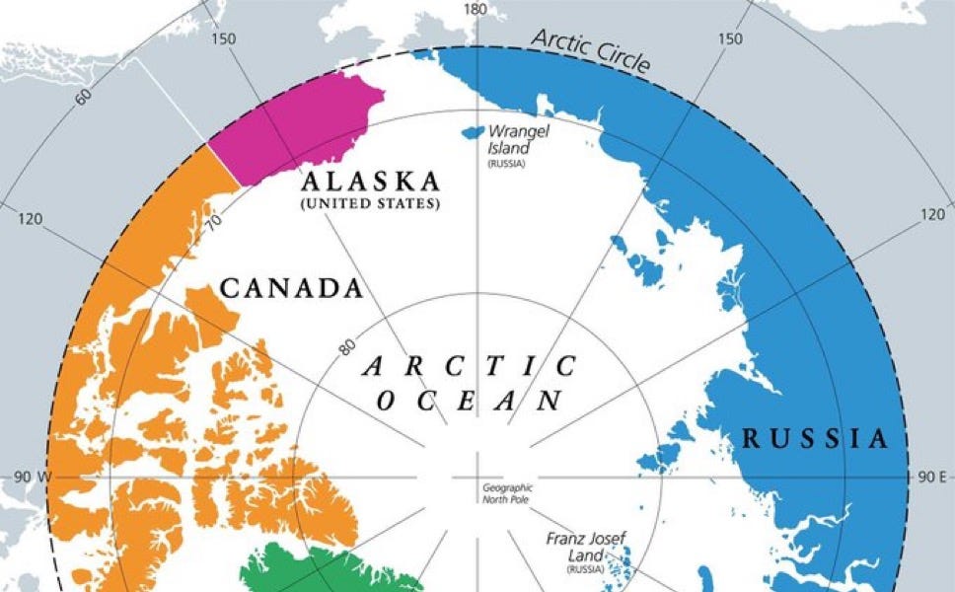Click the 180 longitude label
[x=477, y=9]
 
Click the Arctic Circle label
[x=590, y=50]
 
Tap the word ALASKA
[x=370, y=182]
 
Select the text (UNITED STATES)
[x=370, y=204]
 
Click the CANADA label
[x=291, y=288]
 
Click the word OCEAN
[x=470, y=402]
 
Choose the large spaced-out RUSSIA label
[x=815, y=439]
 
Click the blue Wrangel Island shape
[x=472, y=131]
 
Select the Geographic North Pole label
[x=507, y=493]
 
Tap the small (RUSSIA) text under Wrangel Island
[x=506, y=164]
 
